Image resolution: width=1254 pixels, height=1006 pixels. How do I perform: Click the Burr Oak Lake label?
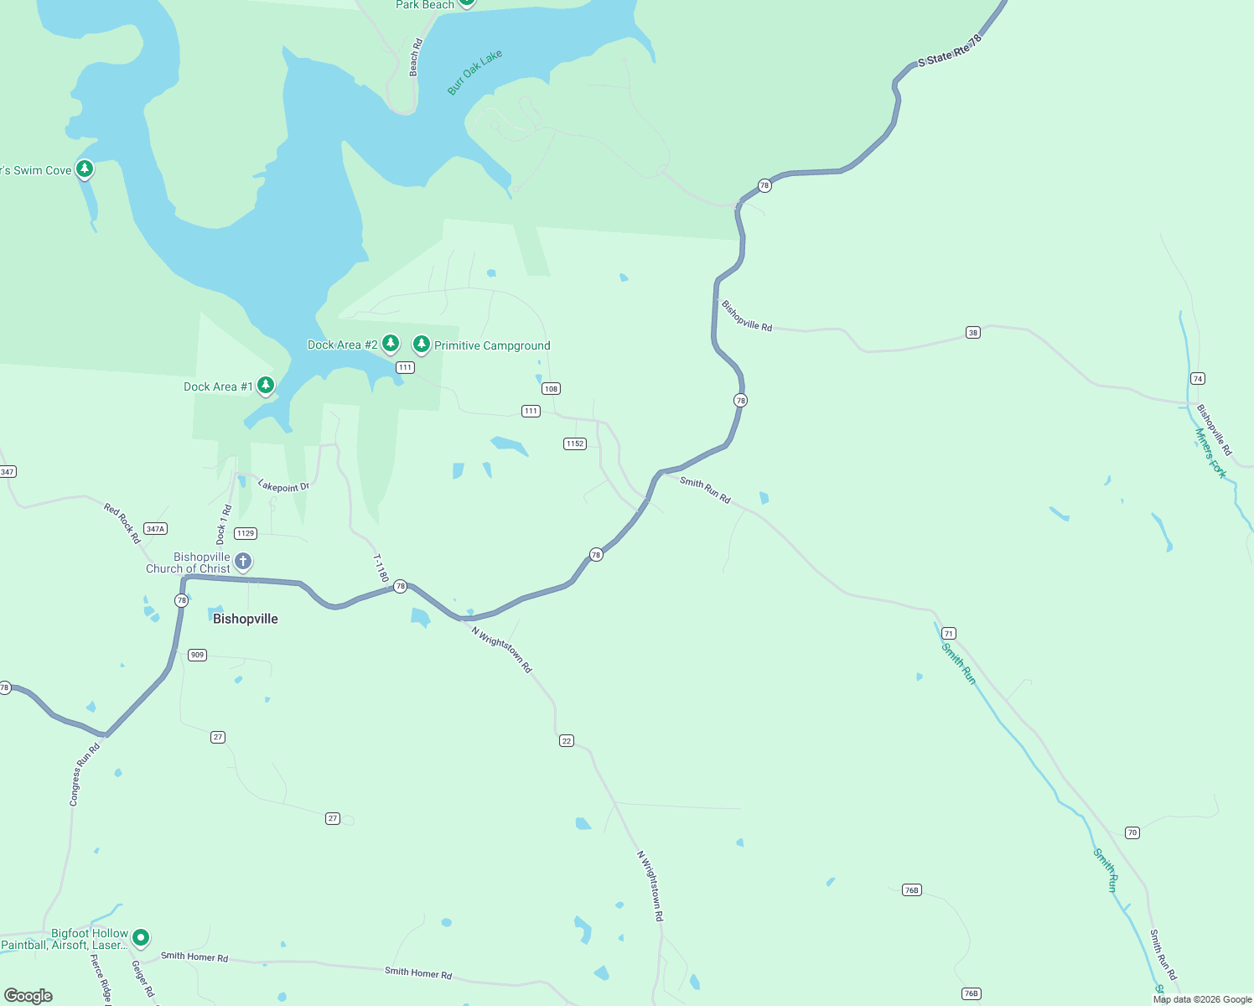[x=474, y=72]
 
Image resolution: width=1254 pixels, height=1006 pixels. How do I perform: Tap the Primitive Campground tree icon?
[x=422, y=344]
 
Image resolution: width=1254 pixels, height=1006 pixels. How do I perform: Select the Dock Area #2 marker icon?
[x=391, y=343]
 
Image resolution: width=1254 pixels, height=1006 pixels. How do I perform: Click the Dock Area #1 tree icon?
[x=266, y=385]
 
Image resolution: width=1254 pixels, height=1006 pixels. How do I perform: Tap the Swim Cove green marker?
[x=84, y=169]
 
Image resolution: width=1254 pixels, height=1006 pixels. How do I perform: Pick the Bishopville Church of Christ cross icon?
[x=243, y=561]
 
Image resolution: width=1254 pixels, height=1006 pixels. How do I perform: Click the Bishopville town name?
[x=245, y=619]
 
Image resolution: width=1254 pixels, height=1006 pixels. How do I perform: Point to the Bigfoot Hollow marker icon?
[x=141, y=937]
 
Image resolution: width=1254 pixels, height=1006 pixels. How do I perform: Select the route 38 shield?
[x=972, y=333]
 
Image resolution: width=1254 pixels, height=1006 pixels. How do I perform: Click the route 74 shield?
[x=1198, y=379]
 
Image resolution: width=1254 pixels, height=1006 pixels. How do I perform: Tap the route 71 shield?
[x=948, y=634]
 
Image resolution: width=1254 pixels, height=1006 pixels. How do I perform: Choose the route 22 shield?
[x=567, y=741]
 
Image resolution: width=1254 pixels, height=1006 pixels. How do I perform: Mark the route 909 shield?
[x=197, y=655]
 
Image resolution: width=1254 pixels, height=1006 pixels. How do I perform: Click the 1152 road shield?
[x=574, y=443]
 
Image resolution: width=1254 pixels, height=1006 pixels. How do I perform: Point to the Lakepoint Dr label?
[x=283, y=486]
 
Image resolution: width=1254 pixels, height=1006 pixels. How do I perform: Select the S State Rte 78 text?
[x=949, y=51]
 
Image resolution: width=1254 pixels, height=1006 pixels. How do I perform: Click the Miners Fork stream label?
[x=1210, y=454]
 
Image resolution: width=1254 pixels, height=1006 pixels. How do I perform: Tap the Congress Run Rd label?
[x=85, y=775]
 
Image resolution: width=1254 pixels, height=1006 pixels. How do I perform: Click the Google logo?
[x=28, y=996]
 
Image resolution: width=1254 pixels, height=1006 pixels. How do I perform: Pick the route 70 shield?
[x=1132, y=832]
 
